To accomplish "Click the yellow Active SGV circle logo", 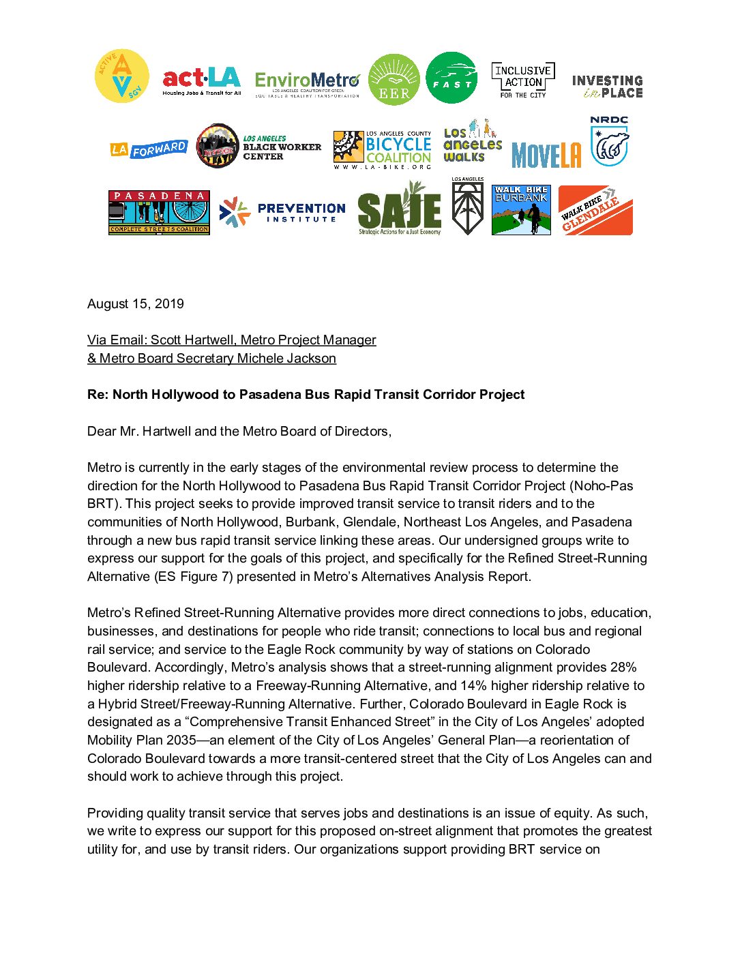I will click(121, 76).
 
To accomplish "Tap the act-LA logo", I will click(201, 82).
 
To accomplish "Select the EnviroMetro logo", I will click(307, 85).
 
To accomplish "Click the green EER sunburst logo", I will click(394, 80).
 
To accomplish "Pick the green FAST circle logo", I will click(451, 78).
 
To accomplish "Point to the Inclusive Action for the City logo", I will click(523, 81).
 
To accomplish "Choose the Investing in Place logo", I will click(608, 87).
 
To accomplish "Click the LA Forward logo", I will click(149, 149).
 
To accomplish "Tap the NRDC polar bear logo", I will click(609, 140).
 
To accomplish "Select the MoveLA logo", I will click(546, 155).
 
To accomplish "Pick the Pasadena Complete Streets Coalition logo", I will click(159, 213).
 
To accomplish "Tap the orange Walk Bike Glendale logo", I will click(595, 211).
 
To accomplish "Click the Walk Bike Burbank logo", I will click(521, 210).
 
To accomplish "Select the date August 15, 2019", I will click(136, 304).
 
